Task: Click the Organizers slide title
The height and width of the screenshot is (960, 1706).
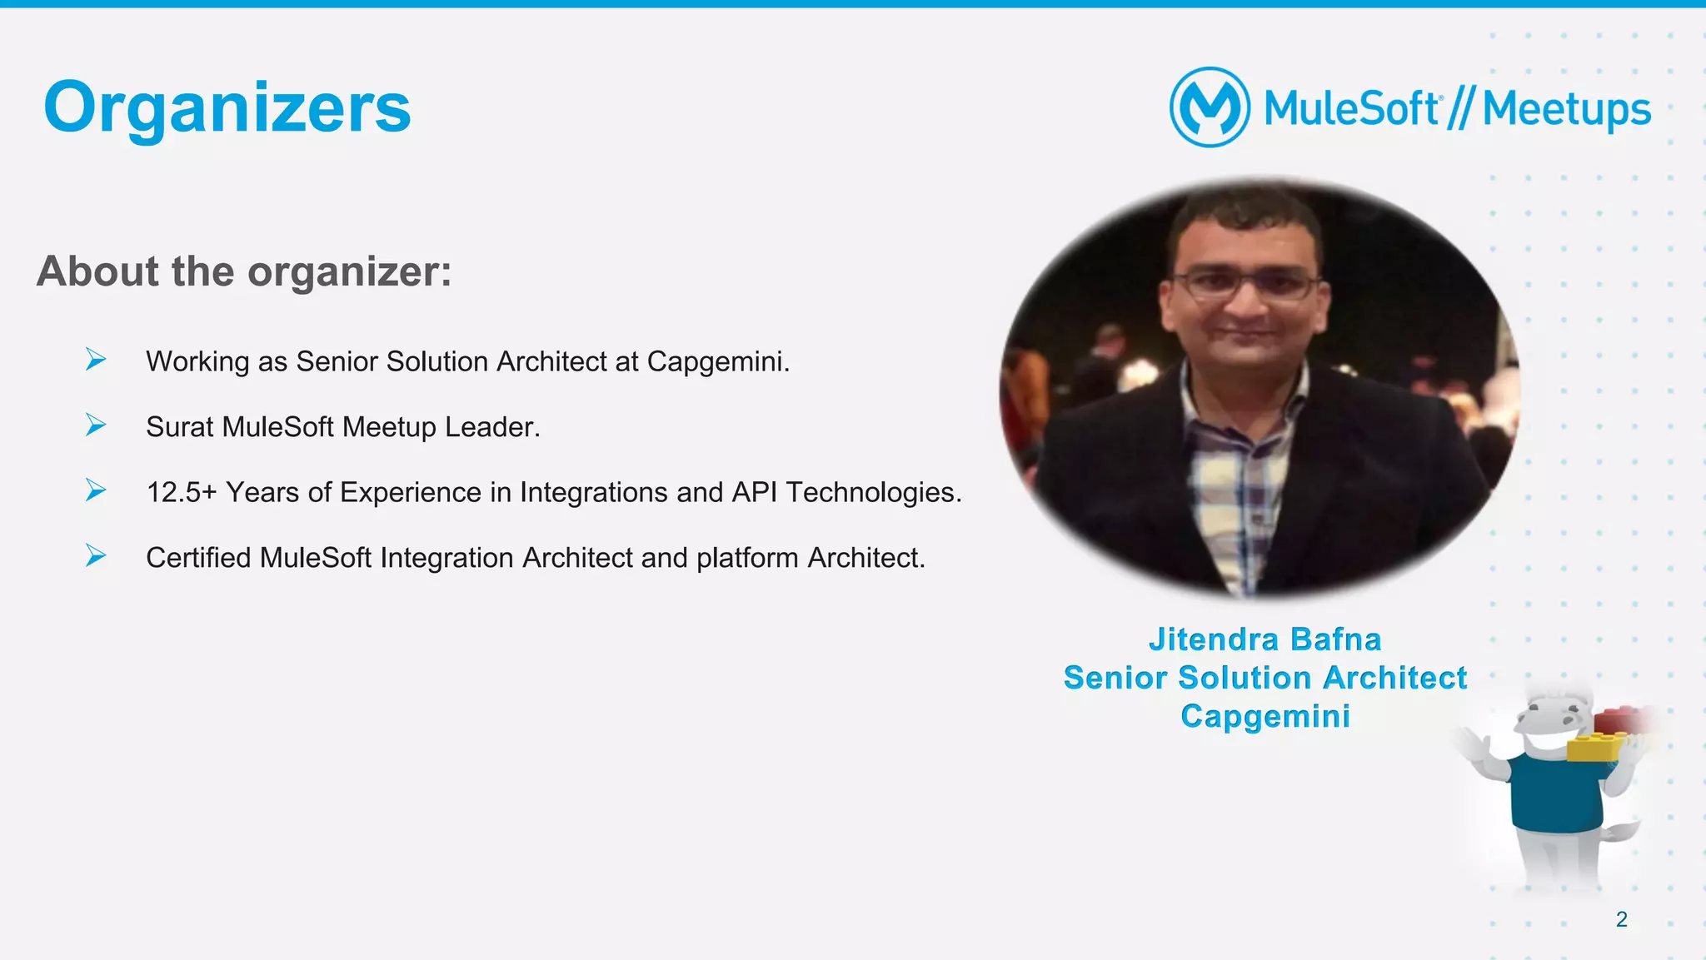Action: coord(227,108)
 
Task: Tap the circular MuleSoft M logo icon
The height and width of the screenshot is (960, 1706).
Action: coord(1210,107)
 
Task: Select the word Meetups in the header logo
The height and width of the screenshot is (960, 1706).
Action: coord(1566,110)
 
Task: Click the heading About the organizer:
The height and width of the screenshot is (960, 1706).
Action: coord(244,271)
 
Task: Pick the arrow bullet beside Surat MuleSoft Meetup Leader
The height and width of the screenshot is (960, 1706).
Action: coord(96,425)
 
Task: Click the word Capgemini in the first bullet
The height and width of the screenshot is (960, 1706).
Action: coord(717,361)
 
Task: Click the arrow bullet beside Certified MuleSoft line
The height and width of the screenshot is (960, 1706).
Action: coord(96,555)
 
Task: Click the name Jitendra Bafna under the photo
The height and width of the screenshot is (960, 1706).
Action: coord(1265,639)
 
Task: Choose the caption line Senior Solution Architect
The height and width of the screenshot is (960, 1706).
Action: coord(1265,678)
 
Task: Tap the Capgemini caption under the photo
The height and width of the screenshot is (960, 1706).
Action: coord(1265,716)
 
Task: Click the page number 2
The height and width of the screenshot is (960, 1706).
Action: coord(1621,919)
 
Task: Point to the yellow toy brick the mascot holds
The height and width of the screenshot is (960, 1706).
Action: coord(1594,746)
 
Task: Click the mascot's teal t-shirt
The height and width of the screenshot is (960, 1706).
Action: coord(1554,795)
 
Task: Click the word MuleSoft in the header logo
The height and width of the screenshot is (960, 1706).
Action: coord(1351,110)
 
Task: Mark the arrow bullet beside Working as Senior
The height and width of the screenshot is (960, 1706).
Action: coord(96,360)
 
